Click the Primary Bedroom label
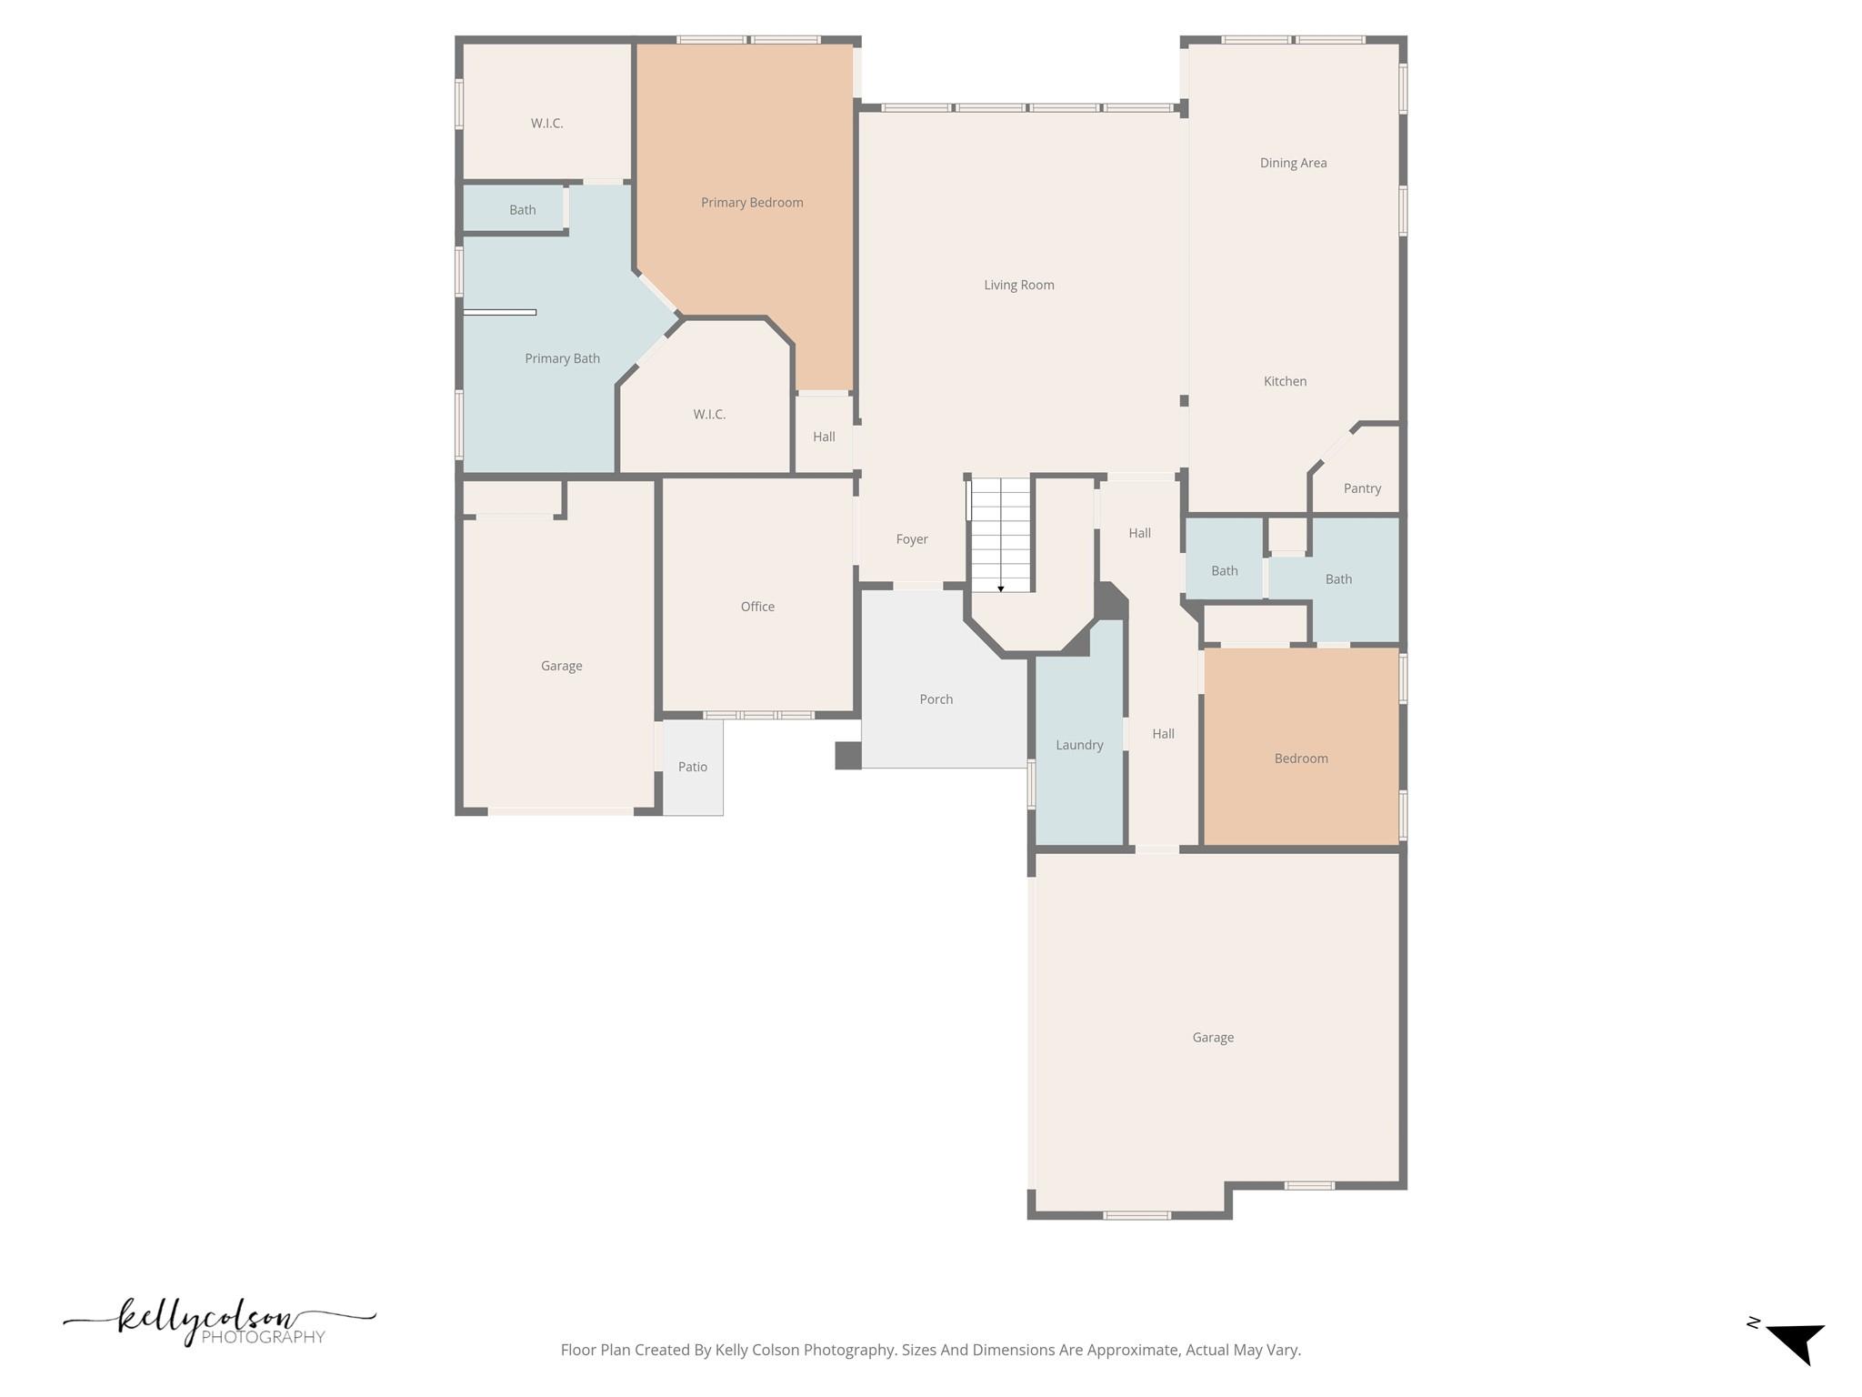pos(752,203)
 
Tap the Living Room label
pos(1018,285)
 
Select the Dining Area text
pos(1293,163)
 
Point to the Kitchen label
pos(1285,381)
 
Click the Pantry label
pos(1362,488)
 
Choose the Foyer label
pos(912,539)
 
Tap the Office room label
pos(757,607)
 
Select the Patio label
pos(693,767)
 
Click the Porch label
pos(936,699)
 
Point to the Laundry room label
pos(1079,745)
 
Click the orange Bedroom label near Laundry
pos(1301,759)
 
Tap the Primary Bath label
pos(562,358)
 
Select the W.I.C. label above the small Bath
pos(547,124)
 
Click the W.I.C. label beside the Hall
pos(709,415)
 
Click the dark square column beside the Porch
pos(847,756)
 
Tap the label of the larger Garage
pos(1213,1038)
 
